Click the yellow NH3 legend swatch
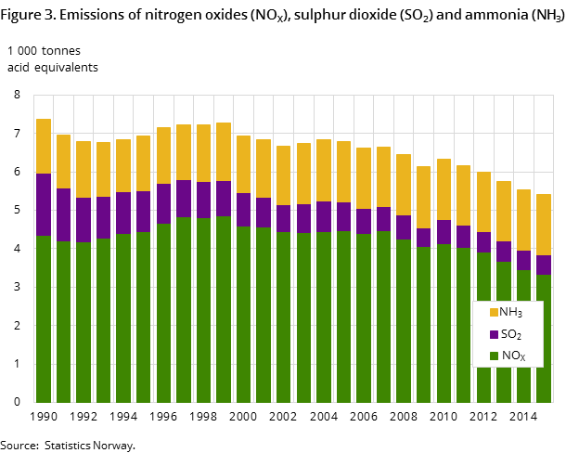[x=494, y=313]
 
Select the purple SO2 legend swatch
[x=494, y=335]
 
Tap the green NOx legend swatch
[x=494, y=356]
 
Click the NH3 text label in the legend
[x=511, y=313]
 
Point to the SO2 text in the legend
[x=511, y=335]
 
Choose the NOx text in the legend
[x=513, y=356]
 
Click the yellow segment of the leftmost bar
[x=44, y=146]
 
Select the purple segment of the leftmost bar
[x=44, y=204]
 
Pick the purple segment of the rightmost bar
[x=544, y=265]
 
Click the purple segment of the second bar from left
[x=63, y=214]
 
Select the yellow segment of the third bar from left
[x=84, y=169]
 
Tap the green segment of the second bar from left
[x=63, y=321]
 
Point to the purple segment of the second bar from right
[x=524, y=260]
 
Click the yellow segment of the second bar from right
[x=524, y=220]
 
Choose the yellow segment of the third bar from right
[x=504, y=211]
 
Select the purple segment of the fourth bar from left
[x=103, y=217]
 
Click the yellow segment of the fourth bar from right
[x=484, y=201]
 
